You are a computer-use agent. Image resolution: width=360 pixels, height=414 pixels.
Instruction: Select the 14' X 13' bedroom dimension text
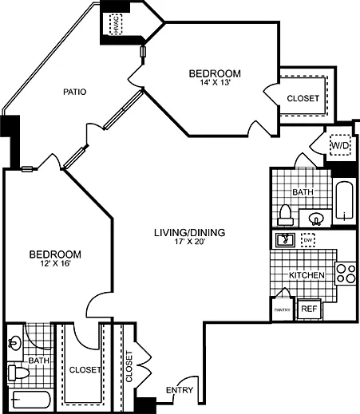[214, 86]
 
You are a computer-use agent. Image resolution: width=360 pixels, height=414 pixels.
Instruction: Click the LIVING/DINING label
[189, 233]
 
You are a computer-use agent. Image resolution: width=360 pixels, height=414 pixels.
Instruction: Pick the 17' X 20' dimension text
[189, 244]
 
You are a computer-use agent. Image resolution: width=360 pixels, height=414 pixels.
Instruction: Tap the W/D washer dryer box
[340, 147]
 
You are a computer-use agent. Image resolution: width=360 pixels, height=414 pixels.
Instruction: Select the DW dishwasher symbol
[308, 240]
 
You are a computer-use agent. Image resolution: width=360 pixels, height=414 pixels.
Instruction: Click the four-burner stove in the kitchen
[345, 274]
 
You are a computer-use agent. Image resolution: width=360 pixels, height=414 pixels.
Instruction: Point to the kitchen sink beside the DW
[284, 240]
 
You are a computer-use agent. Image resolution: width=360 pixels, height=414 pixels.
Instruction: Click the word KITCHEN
[307, 275]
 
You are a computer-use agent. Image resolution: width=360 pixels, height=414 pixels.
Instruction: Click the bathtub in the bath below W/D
[343, 203]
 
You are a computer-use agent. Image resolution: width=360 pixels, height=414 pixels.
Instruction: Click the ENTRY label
[178, 389]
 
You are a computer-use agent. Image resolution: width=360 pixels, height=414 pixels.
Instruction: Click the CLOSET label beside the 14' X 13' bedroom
[303, 98]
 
